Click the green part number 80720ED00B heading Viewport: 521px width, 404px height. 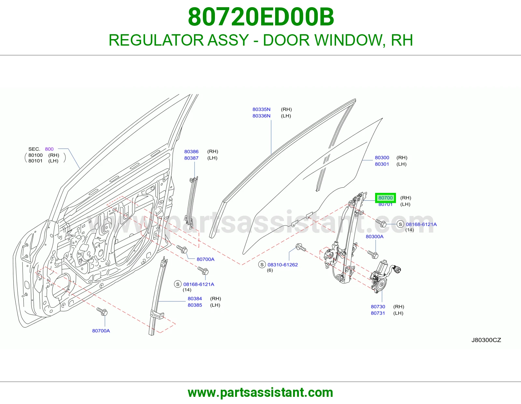click(x=261, y=17)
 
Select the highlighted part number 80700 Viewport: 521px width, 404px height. click(x=386, y=198)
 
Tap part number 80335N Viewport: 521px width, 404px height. click(x=261, y=109)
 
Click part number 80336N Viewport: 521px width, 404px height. click(x=261, y=116)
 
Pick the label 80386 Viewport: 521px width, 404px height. click(x=191, y=151)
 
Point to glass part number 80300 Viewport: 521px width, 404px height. click(x=382, y=158)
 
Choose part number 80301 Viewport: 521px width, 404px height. click(x=382, y=164)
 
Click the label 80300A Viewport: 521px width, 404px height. click(x=374, y=237)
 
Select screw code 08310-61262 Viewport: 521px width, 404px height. click(x=283, y=265)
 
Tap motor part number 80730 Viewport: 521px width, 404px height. click(x=378, y=307)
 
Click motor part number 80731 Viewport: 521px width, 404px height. click(x=378, y=313)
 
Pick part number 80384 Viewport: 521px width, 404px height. click(x=195, y=299)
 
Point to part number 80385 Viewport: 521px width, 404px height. click(x=195, y=305)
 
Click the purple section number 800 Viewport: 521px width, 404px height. click(x=49, y=149)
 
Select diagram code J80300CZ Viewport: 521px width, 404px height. click(x=486, y=340)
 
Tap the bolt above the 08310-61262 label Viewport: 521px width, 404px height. click(x=301, y=247)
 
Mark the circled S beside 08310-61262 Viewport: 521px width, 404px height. click(x=262, y=265)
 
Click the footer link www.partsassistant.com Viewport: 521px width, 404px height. click(x=260, y=393)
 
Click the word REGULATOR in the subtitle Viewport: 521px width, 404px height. click(x=156, y=40)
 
